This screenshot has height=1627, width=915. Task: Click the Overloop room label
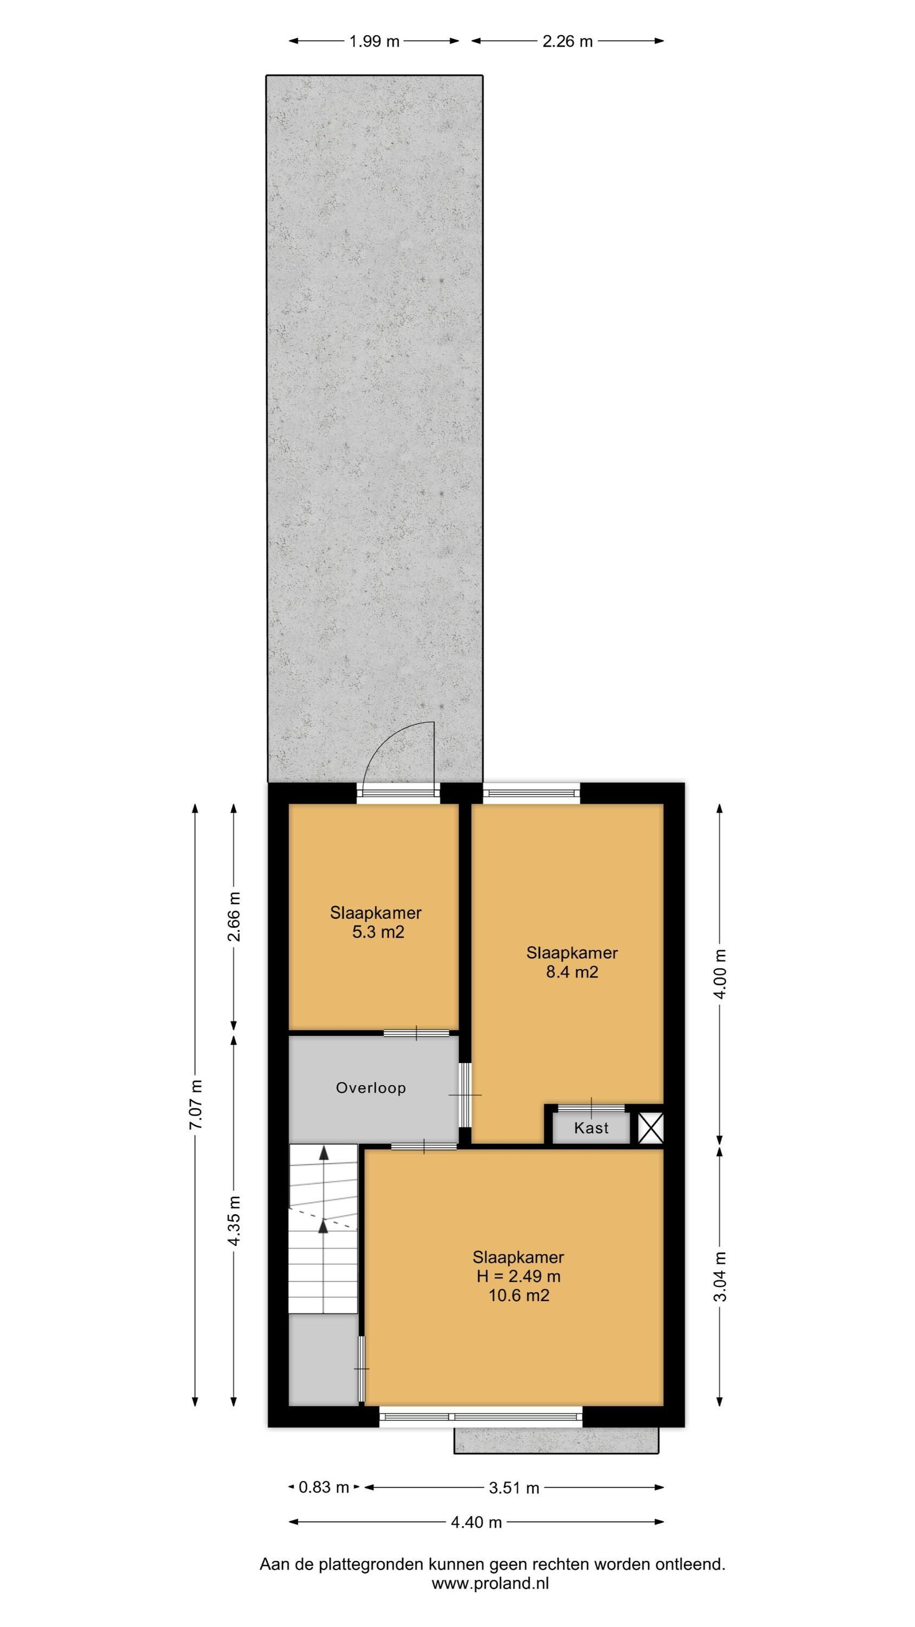371,1087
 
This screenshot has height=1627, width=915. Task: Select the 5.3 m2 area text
378,932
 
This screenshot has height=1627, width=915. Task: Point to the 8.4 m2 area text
571,971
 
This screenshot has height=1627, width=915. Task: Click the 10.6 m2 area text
518,1296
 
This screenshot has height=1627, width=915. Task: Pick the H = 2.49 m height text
518,1276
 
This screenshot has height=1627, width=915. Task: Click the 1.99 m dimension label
375,42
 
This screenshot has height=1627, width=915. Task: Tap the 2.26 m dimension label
568,42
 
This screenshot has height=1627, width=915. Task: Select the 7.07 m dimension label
196,1105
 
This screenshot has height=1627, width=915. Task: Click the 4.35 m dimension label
234,1220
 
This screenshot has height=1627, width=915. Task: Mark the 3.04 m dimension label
720,1276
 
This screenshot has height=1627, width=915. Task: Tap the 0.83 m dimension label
324,1488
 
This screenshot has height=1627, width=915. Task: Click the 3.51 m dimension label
514,1488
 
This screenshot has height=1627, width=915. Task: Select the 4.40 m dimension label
476,1522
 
